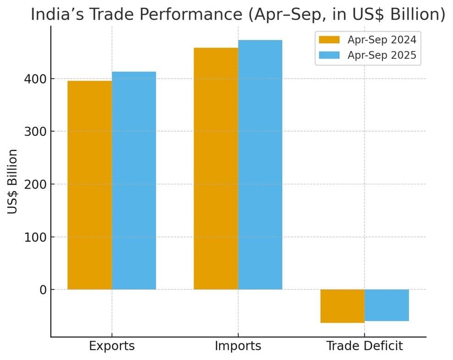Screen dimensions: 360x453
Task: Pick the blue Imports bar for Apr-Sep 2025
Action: click(x=260, y=165)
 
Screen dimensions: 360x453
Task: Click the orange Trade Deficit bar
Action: click(x=342, y=306)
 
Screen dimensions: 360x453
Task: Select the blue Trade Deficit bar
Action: click(x=387, y=305)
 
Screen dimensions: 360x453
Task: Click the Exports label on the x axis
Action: click(x=112, y=346)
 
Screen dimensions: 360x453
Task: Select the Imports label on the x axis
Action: click(x=238, y=346)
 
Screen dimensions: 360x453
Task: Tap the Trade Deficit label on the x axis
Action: click(x=364, y=346)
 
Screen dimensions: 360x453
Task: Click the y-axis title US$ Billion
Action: click(x=13, y=181)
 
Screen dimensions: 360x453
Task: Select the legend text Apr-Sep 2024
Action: click(x=382, y=40)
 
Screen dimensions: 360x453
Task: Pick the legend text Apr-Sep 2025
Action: click(x=382, y=55)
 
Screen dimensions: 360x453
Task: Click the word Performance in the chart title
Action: click(x=184, y=15)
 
